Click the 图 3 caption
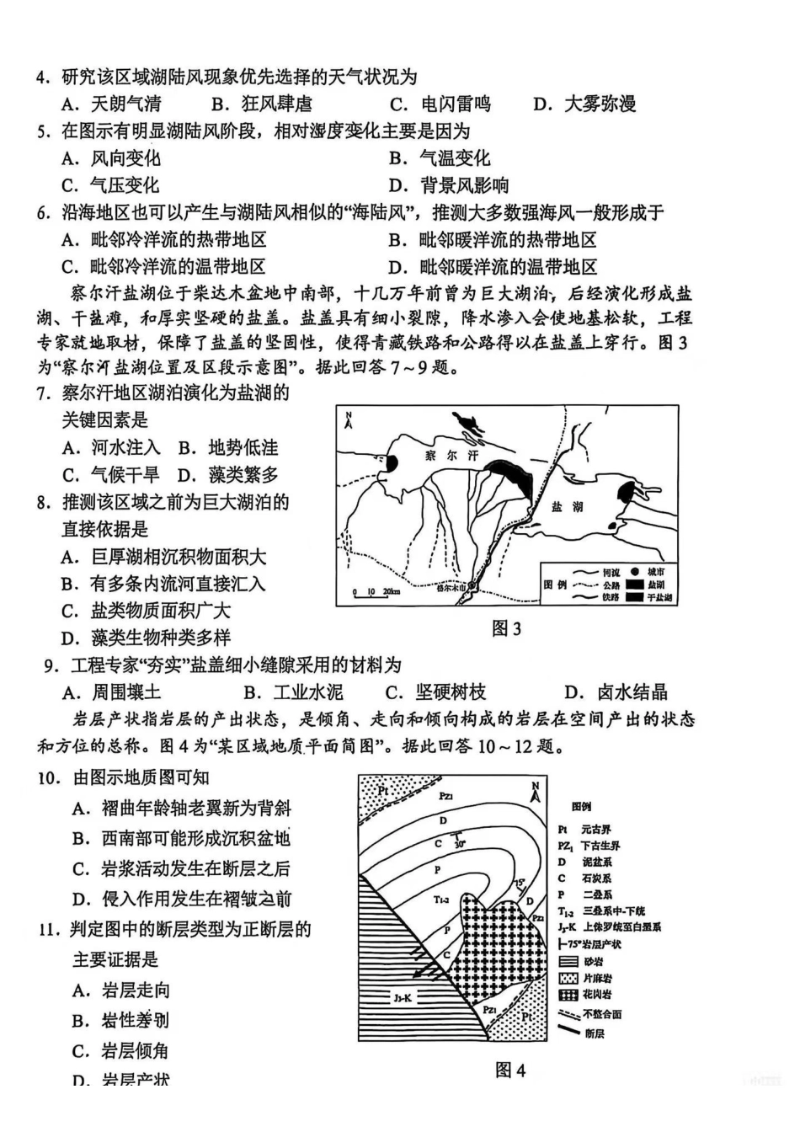point(507,628)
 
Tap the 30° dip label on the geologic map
point(460,843)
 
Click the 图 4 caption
point(510,1071)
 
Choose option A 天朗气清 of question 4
point(113,104)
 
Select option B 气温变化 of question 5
point(440,158)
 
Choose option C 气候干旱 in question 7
point(110,475)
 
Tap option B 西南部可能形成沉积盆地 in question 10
point(181,839)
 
